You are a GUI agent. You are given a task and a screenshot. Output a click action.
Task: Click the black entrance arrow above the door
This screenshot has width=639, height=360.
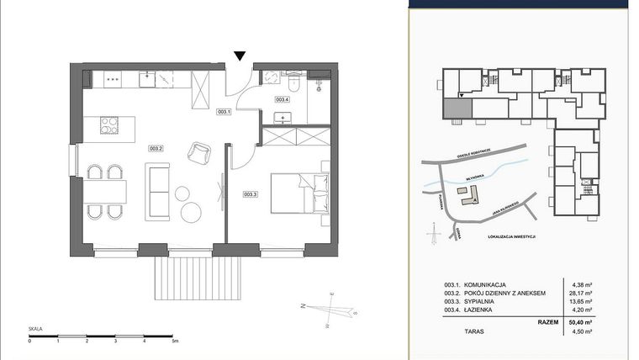tap(240, 56)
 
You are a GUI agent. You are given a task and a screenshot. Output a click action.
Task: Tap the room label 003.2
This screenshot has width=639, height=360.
tap(156, 148)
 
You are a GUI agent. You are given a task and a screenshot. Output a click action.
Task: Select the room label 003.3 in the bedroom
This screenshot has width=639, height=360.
tap(250, 194)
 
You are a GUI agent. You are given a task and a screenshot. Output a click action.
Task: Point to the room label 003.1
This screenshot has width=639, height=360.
tap(223, 111)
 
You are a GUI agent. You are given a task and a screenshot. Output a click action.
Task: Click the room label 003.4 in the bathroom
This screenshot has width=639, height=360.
tap(283, 99)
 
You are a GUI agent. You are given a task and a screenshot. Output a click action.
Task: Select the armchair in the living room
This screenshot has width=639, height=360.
tap(201, 151)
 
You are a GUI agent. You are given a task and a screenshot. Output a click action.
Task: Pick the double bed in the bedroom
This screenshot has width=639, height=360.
tap(298, 194)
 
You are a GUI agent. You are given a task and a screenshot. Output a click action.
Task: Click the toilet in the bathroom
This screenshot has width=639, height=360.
tap(292, 83)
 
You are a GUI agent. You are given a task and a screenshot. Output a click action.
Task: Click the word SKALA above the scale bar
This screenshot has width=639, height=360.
tap(35, 330)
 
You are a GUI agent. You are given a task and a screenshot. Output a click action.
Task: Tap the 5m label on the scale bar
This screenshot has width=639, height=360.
tap(173, 341)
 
